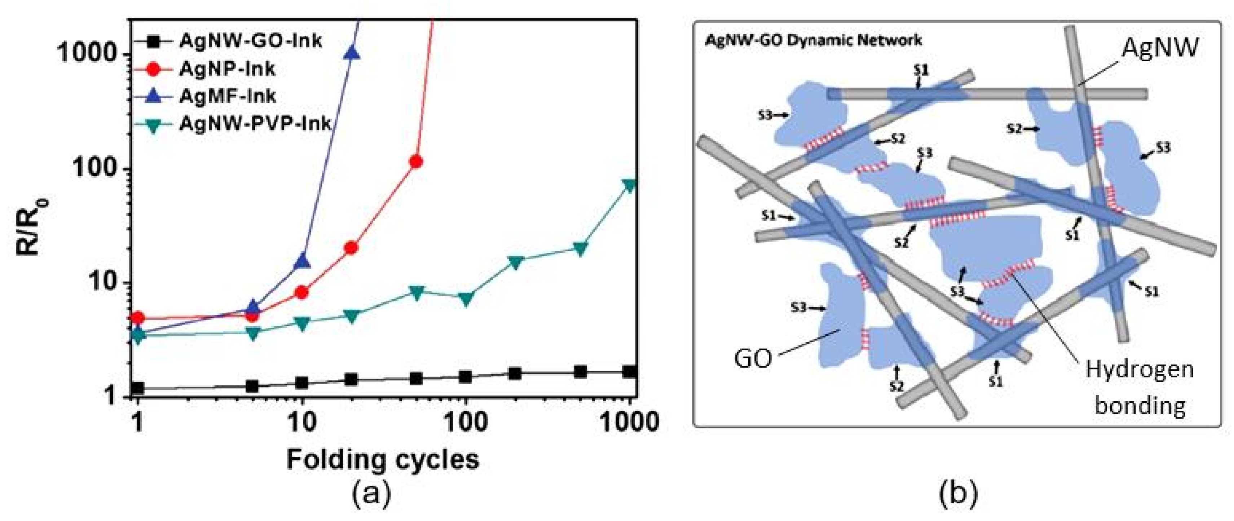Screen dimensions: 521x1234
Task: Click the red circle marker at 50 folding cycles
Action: tap(416, 162)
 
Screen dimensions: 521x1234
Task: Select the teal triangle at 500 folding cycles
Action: tap(580, 249)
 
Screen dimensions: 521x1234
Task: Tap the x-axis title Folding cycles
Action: tap(383, 459)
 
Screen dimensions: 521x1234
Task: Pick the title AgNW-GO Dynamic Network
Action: tap(813, 40)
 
